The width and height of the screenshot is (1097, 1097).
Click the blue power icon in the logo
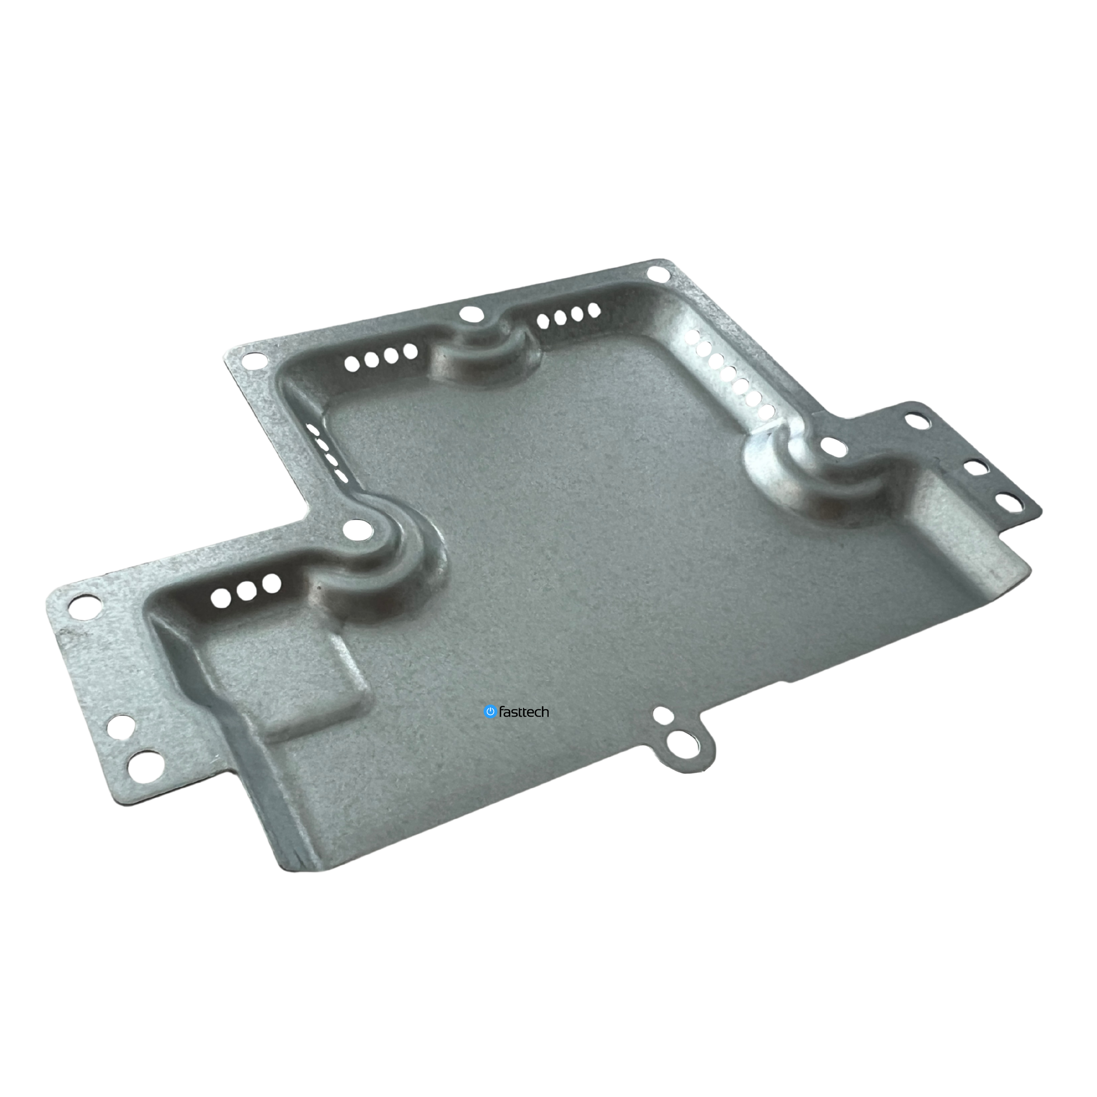(x=489, y=711)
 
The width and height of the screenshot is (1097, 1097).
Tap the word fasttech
(x=523, y=712)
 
